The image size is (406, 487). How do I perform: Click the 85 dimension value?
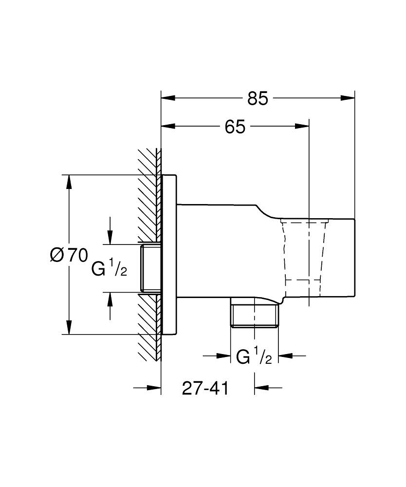[x=258, y=98]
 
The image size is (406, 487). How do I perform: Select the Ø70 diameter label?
[x=69, y=255]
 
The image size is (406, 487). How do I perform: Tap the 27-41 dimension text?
[x=205, y=388]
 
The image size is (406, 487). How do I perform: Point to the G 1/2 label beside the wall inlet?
[x=110, y=268]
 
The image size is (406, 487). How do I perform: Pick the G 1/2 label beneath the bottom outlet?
[x=254, y=356]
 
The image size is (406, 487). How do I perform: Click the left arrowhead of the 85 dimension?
[x=168, y=98]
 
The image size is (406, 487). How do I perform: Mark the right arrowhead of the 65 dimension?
[x=302, y=127]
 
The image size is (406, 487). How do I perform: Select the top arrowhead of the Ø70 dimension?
[x=70, y=182]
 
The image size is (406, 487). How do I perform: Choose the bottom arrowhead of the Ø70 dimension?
[x=70, y=327]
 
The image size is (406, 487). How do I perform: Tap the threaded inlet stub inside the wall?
[x=150, y=268]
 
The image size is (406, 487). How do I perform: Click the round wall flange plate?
[x=168, y=255]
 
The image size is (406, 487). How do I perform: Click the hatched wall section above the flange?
[x=148, y=195]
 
